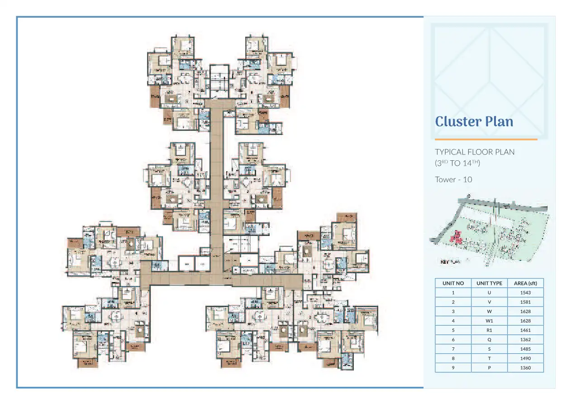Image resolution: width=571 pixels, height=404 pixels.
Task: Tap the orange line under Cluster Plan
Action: (x=486, y=139)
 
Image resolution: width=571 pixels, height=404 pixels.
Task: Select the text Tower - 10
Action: (x=453, y=179)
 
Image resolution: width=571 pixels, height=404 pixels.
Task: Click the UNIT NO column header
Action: (x=453, y=283)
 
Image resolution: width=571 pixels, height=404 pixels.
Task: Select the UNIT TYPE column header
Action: (x=489, y=283)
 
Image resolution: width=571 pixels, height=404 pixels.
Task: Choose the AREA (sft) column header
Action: (x=525, y=283)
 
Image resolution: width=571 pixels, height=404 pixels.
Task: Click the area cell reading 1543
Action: (x=525, y=293)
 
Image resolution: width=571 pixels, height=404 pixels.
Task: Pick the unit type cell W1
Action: (x=489, y=321)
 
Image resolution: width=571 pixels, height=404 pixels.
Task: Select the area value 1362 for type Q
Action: (x=525, y=340)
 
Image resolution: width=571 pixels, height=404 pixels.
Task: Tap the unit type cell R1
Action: (x=489, y=330)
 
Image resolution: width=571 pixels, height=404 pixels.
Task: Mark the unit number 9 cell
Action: (x=453, y=368)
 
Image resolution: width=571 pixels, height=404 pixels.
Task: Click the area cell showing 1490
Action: (x=525, y=358)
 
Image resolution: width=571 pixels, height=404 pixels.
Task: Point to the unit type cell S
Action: (x=489, y=349)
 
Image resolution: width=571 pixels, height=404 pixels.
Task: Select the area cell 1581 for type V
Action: (x=525, y=302)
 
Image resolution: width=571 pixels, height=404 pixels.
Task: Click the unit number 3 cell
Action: (x=453, y=312)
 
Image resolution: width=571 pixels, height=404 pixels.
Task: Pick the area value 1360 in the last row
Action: (x=525, y=368)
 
